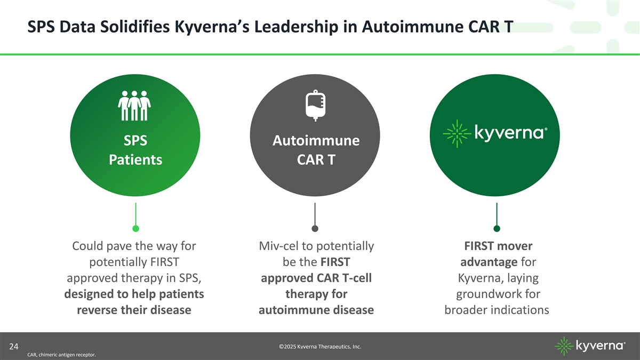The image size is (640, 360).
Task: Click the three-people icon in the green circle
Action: [x=134, y=106]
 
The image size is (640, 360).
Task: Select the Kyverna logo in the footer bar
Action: [x=590, y=346]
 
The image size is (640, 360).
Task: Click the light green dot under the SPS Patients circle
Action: [x=136, y=229]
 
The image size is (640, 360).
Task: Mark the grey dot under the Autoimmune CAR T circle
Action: [x=315, y=229]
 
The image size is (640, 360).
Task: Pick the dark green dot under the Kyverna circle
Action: [x=497, y=229]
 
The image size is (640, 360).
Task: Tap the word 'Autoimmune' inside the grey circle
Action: [x=315, y=141]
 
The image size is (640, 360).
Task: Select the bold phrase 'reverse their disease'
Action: [x=134, y=310]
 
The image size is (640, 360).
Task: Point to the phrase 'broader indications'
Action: [x=497, y=310]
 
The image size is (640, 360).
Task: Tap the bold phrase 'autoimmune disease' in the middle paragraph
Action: [x=316, y=310]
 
